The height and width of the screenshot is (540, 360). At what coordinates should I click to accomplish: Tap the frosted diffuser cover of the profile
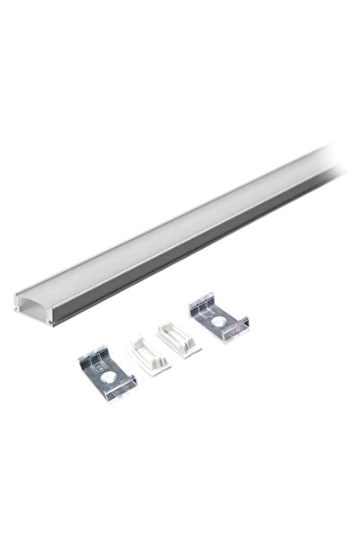click(180, 225)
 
